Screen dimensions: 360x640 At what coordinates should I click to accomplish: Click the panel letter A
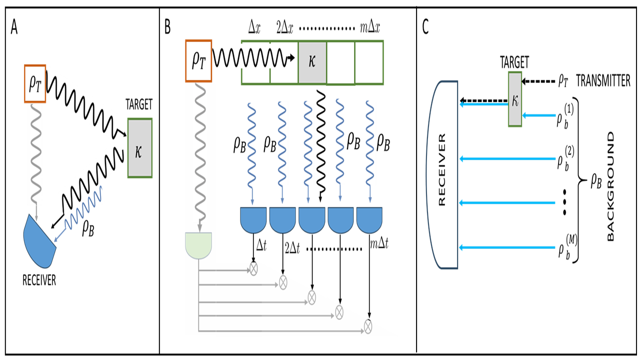click(x=14, y=28)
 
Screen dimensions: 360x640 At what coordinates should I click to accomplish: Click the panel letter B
click(x=167, y=28)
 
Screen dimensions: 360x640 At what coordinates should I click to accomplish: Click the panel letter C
click(x=425, y=28)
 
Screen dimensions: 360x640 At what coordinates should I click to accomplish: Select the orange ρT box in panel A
click(x=34, y=84)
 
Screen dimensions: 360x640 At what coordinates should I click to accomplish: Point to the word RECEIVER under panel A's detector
click(x=39, y=280)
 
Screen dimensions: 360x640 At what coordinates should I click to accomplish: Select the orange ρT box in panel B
click(x=199, y=60)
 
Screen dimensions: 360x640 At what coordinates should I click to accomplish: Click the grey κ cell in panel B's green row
click(x=312, y=62)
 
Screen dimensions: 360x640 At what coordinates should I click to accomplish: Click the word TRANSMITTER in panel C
click(x=603, y=81)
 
